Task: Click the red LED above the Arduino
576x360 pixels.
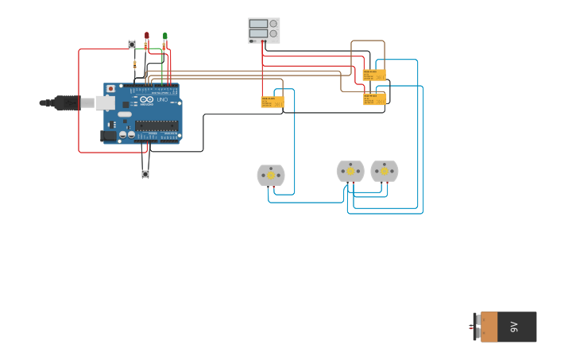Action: (147, 36)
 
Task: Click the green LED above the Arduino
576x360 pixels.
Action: (165, 37)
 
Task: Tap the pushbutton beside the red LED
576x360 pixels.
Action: (132, 45)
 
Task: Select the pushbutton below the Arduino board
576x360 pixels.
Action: (145, 174)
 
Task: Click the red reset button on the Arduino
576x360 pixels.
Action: (110, 89)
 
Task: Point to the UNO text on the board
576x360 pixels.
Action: (161, 100)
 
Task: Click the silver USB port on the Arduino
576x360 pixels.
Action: (105, 103)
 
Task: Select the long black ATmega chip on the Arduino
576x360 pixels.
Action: (157, 126)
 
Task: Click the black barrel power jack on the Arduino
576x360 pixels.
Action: (108, 136)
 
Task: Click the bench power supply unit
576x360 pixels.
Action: (264, 29)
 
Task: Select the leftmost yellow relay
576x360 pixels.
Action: (272, 102)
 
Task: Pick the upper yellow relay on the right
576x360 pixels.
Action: (374, 75)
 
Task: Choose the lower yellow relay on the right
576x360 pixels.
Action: (374, 99)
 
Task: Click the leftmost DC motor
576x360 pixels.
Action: (271, 175)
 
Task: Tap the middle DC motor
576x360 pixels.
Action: (350, 171)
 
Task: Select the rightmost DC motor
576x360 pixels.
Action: (385, 171)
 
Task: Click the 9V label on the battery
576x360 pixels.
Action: (514, 327)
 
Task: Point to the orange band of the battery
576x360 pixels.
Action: (489, 327)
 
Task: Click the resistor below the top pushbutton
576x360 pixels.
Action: (135, 64)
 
